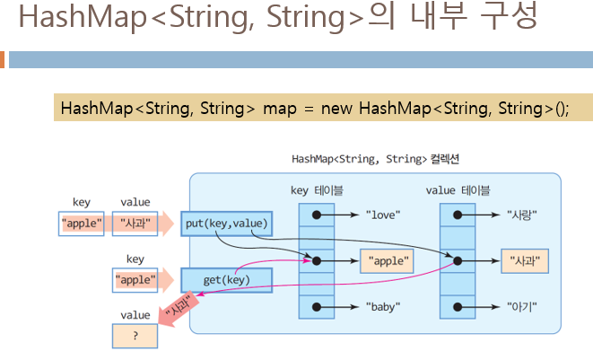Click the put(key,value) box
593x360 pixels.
225,223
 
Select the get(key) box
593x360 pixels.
225,280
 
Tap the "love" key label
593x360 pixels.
383,215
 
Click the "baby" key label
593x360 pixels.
383,307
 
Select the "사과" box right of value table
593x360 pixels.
525,261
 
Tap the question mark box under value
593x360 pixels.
135,336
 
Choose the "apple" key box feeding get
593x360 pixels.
135,280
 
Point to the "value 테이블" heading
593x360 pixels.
458,190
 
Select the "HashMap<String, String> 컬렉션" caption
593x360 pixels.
376,159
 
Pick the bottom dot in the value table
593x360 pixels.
458,307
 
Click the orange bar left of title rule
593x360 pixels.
2,60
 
